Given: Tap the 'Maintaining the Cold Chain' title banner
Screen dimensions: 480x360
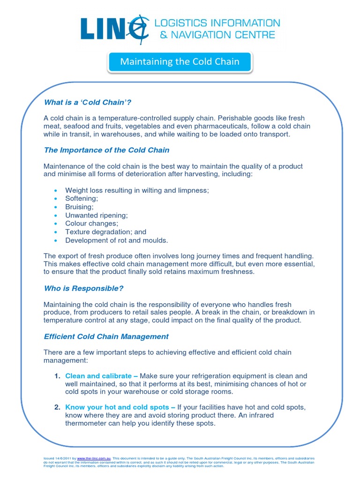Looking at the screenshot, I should (180, 62).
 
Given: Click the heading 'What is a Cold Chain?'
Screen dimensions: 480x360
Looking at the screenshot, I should (91, 102).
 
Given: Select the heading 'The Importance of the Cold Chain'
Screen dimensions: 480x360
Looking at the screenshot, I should (106, 150).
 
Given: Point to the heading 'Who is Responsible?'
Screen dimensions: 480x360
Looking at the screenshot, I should (83, 288).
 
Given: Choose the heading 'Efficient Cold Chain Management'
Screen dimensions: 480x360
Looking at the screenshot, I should (106, 337).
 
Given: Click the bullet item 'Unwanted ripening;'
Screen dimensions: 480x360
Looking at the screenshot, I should (96, 215).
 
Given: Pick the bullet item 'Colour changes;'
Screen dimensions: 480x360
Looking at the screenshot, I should (91, 224).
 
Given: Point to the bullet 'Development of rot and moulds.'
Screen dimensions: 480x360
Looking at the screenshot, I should (116, 240).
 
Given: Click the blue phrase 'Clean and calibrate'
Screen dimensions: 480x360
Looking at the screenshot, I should (98, 376).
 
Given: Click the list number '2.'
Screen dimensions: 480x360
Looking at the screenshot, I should (58, 407).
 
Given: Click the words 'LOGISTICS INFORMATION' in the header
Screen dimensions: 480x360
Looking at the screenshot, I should (217, 22).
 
